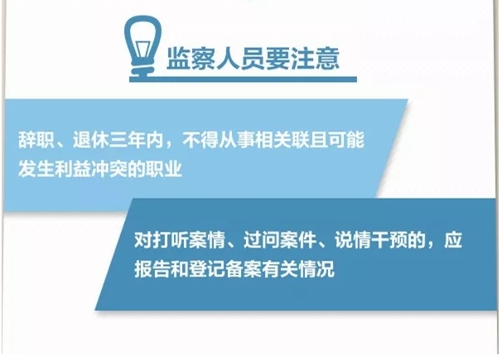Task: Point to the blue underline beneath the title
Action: click(x=244, y=79)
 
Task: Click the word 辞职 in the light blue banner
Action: click(x=36, y=140)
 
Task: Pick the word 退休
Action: click(x=91, y=140)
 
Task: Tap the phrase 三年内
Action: click(x=137, y=140)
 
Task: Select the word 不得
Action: click(x=200, y=140)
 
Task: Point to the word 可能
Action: click(x=346, y=140)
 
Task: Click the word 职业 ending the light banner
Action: click(x=164, y=169)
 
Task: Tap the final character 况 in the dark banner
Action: click(x=326, y=269)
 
